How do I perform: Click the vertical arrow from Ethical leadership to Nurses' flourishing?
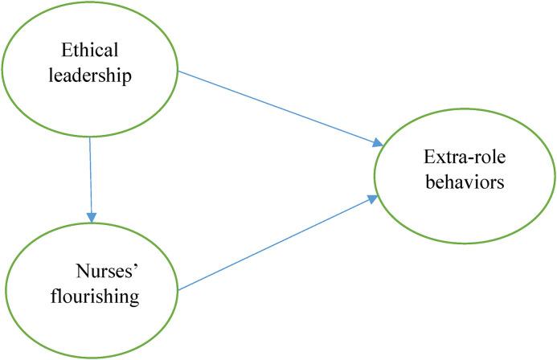coord(91,177)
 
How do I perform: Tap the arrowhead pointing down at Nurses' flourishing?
coord(92,216)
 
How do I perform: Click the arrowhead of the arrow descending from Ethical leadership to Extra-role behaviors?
coord(377,143)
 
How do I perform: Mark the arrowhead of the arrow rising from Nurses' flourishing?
coord(375,198)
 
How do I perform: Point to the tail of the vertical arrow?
coord(90,138)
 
